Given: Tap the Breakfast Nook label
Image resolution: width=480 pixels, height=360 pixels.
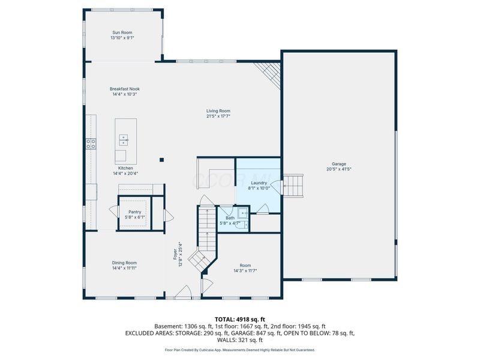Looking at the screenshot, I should [124, 89].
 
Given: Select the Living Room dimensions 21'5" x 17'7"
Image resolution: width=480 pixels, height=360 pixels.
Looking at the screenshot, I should [218, 116].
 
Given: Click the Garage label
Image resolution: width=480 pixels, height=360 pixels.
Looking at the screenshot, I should [339, 164].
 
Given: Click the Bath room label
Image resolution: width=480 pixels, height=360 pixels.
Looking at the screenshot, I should [230, 218].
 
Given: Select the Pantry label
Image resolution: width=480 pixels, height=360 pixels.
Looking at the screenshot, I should [134, 212].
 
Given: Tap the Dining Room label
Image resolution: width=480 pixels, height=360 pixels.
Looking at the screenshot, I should [124, 262].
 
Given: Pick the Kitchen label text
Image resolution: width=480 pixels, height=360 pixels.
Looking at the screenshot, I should [125, 168].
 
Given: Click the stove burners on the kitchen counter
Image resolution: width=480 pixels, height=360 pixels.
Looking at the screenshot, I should [91, 143].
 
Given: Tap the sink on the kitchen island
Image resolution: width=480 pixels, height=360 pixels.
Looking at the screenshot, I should [124, 140].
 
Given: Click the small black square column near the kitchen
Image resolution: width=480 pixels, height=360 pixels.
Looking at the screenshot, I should [161, 160].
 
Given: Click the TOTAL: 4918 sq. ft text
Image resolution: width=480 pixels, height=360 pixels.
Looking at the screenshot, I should [239, 319].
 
